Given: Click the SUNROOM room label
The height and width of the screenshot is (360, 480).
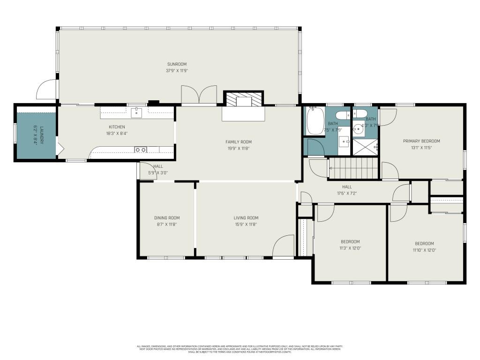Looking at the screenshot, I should click(177, 64).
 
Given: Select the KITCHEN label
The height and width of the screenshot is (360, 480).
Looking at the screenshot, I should click(117, 127).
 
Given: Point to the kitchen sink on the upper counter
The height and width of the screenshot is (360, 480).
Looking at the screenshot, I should click(136, 112).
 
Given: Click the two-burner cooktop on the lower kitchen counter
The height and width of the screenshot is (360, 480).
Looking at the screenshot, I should click(141, 150).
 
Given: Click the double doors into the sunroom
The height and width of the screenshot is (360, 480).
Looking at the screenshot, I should click(199, 94).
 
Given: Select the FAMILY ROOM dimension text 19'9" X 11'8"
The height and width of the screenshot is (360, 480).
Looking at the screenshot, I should click(239, 148).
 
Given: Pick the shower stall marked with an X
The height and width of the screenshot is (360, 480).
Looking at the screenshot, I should click(365, 147).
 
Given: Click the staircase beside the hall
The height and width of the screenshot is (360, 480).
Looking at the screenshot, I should click(353, 168).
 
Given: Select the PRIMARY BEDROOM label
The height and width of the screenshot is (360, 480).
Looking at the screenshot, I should click(421, 141).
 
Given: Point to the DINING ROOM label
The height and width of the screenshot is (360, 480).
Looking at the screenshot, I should click(167, 218).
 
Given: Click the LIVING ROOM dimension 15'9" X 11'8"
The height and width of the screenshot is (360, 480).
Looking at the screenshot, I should click(246, 225).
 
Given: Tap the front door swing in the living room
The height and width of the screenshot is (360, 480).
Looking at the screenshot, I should click(282, 246).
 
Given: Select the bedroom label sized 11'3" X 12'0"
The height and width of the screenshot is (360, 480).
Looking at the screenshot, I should click(350, 242).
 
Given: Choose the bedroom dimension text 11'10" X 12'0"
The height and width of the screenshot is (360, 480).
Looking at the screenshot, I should click(424, 250).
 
